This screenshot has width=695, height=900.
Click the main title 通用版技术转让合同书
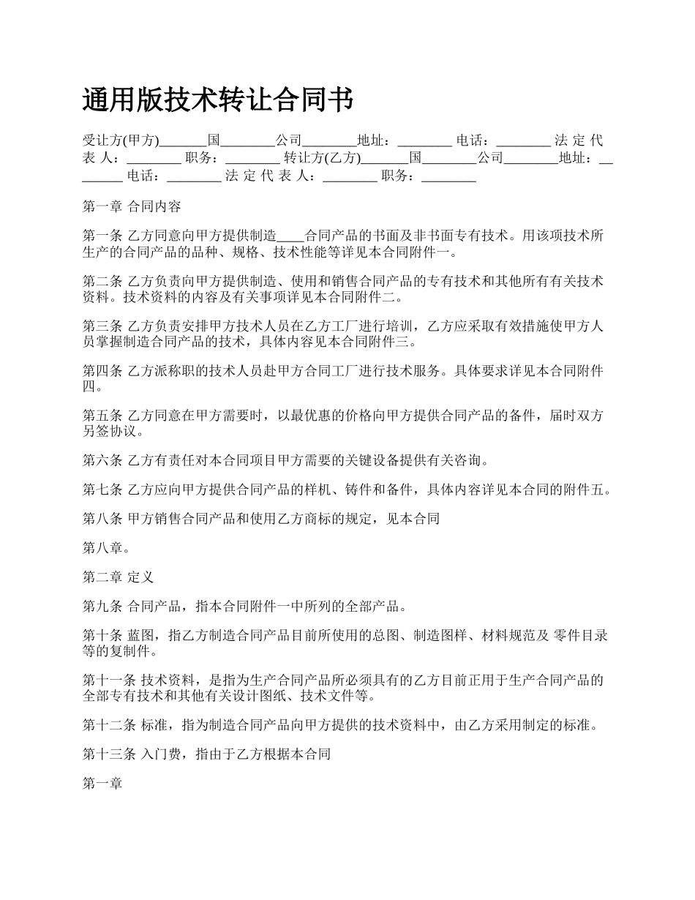coord(218,100)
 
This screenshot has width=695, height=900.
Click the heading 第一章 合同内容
coord(132,206)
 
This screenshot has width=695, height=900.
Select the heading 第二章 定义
coord(118,577)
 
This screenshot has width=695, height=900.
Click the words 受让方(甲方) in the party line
coord(121,140)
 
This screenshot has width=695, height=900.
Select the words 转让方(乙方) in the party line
coord(323,157)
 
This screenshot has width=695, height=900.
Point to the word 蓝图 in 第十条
coord(141,635)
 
